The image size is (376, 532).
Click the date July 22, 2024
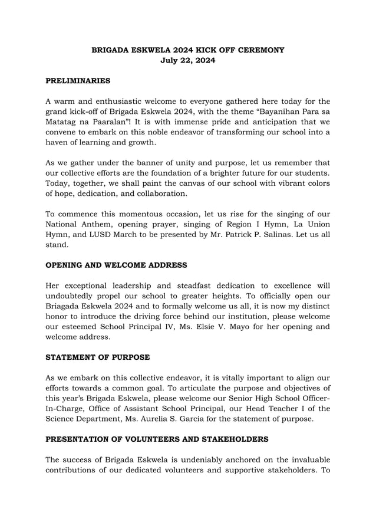click(x=188, y=61)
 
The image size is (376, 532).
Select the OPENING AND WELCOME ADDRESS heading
click(x=116, y=265)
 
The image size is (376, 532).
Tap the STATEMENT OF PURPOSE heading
click(x=98, y=357)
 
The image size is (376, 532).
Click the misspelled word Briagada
click(x=68, y=306)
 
